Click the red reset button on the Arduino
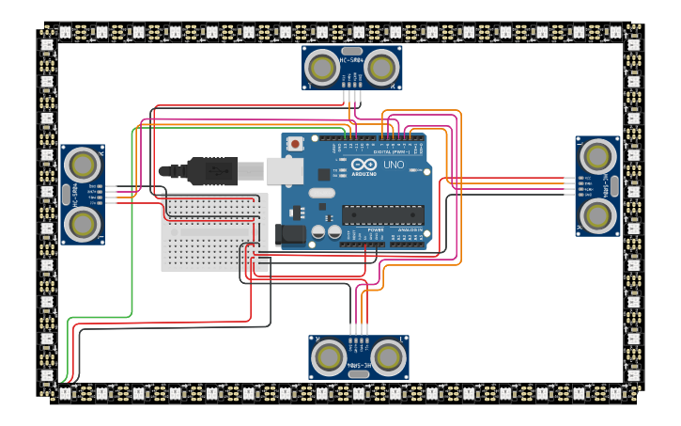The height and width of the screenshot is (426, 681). [296, 144]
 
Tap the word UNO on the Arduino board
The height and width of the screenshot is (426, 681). [394, 165]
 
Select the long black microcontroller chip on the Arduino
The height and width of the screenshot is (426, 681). [384, 214]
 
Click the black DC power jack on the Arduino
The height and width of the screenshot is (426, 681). [290, 235]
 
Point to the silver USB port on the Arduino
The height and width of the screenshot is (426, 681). [285, 170]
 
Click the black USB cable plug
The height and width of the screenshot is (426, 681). [211, 171]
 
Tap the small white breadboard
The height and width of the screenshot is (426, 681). [214, 232]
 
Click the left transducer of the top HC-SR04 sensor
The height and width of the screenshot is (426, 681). [322, 68]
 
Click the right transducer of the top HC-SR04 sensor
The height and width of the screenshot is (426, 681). [380, 68]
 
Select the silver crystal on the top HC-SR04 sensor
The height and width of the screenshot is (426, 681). [352, 52]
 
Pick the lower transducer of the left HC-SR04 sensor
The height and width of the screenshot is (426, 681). [83, 224]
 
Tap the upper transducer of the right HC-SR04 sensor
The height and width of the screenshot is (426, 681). [597, 156]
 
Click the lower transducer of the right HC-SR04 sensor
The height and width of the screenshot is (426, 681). [597, 214]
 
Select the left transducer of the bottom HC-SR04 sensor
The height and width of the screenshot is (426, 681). [330, 356]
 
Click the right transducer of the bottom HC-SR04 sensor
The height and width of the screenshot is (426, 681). [388, 356]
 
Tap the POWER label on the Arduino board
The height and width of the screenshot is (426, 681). [376, 229]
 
